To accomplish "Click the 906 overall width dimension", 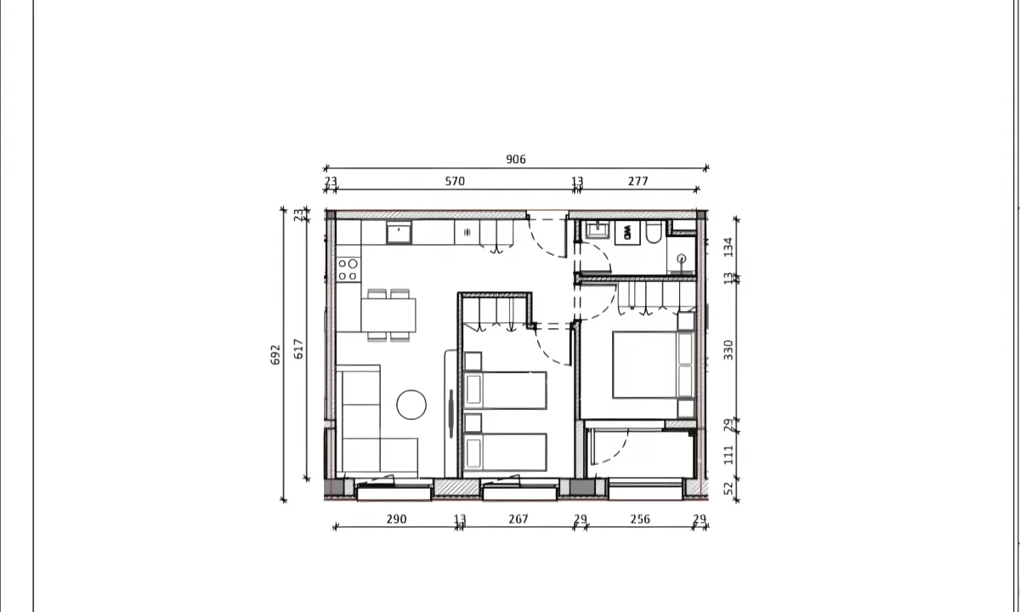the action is tap(516, 160).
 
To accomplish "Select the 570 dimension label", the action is tap(455, 181).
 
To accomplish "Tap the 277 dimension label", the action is tap(638, 181).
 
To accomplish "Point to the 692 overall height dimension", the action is tap(275, 354).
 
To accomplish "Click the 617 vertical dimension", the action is tap(298, 348).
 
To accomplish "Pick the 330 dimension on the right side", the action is tap(728, 349).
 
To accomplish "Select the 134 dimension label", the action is tap(728, 246).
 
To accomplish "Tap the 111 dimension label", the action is tap(728, 455).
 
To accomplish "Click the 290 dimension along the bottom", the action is tap(397, 519).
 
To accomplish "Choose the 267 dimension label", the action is tap(518, 519).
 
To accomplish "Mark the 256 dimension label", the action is tap(640, 519).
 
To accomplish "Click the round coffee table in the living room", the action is tap(411, 405).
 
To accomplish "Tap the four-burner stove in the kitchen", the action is tap(348, 269).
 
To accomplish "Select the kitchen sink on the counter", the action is tap(399, 232).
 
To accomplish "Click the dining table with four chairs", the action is tap(388, 315).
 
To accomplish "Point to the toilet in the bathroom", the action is tap(654, 233).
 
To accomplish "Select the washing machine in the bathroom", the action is tap(627, 233).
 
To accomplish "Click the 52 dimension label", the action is tap(728, 489).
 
